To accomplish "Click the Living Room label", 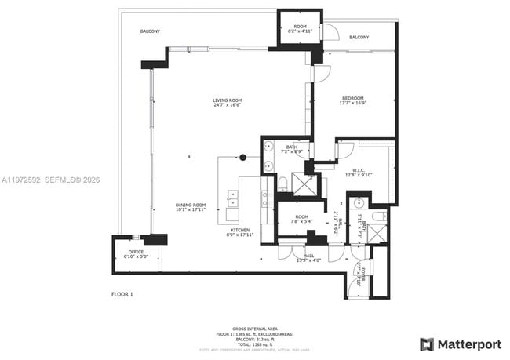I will pyautogui.click(x=227, y=103).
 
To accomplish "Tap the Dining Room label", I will pyautogui.click(x=190, y=207).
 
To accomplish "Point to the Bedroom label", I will pyautogui.click(x=352, y=100).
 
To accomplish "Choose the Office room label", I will pyautogui.click(x=136, y=254).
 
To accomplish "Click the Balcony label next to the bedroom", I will pyautogui.click(x=359, y=38).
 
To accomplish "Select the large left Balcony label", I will pyautogui.click(x=150, y=31).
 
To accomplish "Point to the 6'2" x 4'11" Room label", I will pyautogui.click(x=300, y=29).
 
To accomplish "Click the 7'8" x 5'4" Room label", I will pyautogui.click(x=302, y=219).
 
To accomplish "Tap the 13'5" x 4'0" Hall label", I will pyautogui.click(x=308, y=258).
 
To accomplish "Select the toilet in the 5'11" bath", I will pyautogui.click(x=378, y=216).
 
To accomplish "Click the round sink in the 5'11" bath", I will pyautogui.click(x=358, y=203).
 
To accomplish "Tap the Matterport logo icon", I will pyautogui.click(x=426, y=344).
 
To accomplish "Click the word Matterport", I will pyautogui.click(x=468, y=344).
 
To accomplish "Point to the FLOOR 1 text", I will pyautogui.click(x=122, y=293).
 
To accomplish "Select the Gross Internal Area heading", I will pyautogui.click(x=254, y=328).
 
